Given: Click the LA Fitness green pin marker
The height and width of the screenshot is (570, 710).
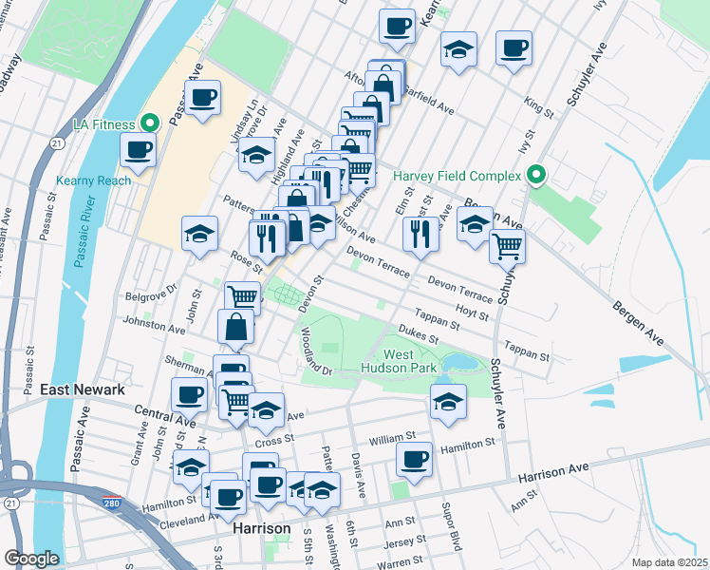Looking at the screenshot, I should pos(149,123).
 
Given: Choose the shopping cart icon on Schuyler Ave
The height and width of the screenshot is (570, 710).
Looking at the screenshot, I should pos(508,246).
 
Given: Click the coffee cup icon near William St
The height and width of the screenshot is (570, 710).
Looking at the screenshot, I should pos(414,460).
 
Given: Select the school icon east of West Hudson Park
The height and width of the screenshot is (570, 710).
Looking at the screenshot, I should pos(448,401).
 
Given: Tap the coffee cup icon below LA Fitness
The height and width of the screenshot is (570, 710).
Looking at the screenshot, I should pos(138,149).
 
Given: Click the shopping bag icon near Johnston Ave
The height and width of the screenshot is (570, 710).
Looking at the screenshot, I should pos(235,327).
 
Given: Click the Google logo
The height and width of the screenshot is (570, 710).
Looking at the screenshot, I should pos(31,559).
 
